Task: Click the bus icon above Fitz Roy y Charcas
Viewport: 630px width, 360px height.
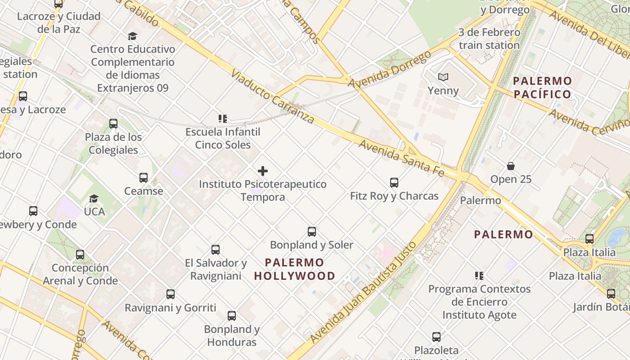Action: [x=394, y=183]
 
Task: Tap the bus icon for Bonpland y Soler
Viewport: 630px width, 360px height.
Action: [x=312, y=232]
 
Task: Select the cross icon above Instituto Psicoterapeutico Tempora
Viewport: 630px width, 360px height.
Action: [x=263, y=171]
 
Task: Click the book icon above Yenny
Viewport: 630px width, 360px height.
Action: [x=443, y=77]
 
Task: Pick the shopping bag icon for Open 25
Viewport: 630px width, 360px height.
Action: [x=511, y=166]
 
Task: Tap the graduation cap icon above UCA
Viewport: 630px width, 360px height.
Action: [x=94, y=198]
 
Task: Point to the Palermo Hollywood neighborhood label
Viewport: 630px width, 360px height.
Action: [x=295, y=269]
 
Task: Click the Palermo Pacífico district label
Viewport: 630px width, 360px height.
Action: [x=543, y=88]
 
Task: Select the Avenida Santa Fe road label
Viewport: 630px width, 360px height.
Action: [x=401, y=157]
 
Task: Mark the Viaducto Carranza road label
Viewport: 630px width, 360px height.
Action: [x=273, y=96]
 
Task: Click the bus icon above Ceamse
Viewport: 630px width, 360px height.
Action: [x=144, y=178]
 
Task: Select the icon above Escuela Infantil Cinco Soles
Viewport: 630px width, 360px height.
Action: [x=223, y=119]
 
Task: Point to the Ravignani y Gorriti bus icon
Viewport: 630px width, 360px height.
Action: [x=171, y=294]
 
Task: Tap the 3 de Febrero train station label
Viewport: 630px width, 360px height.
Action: [x=489, y=39]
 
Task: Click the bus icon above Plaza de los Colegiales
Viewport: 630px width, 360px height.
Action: [x=113, y=124]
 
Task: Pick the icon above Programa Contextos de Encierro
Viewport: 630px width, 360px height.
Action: [x=479, y=275]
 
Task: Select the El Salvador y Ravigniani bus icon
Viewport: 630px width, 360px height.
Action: [x=216, y=250]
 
